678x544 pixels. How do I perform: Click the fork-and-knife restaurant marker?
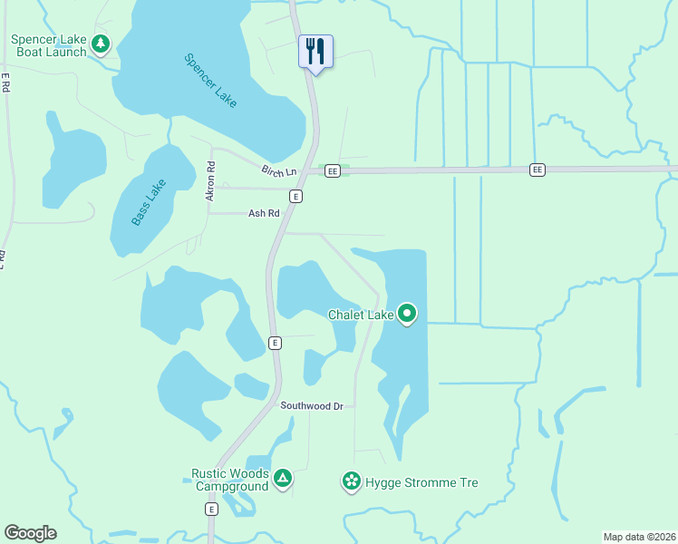pos(315,50)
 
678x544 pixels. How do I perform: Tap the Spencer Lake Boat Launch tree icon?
pos(101,44)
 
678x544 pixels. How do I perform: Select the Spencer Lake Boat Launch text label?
pos(49,45)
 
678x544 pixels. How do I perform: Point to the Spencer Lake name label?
pos(210,81)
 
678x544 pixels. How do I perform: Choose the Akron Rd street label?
pos(211,180)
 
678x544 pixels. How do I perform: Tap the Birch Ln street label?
pos(279,171)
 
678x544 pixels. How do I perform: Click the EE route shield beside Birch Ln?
pos(333,170)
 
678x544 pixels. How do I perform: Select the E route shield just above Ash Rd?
pos(295,196)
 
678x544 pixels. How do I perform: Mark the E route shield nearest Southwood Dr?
pos(275,342)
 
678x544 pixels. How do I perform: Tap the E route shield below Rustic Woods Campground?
pos(211,510)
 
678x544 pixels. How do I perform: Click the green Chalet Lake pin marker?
pos(407,314)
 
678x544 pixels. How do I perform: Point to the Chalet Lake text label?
pos(360,315)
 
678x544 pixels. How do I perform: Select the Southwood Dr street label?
pos(311,406)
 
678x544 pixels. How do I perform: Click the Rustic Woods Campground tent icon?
pos(283,478)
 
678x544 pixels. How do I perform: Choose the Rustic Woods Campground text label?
pos(229,480)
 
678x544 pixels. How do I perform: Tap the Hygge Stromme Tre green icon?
pos(351,481)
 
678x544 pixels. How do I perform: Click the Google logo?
pos(30,533)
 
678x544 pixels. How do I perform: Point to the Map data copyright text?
pos(639,536)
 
